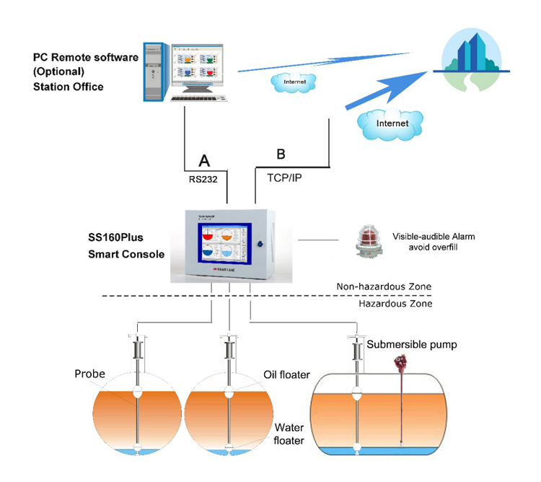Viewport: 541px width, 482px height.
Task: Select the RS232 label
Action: tap(203, 174)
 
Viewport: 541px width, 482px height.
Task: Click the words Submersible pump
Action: tap(412, 344)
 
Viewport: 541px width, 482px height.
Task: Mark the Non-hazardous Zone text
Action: tap(384, 286)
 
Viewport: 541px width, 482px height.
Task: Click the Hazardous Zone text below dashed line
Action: tap(395, 304)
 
